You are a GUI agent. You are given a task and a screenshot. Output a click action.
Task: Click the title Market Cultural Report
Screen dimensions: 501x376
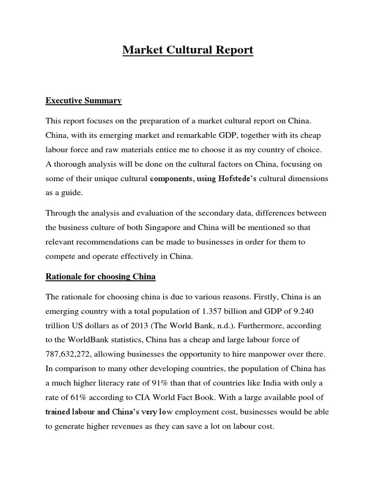click(x=188, y=50)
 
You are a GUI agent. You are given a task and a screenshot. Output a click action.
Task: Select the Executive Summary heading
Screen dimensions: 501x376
click(x=83, y=101)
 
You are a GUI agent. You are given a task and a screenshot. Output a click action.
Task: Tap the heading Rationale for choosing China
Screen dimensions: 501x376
click(x=100, y=276)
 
